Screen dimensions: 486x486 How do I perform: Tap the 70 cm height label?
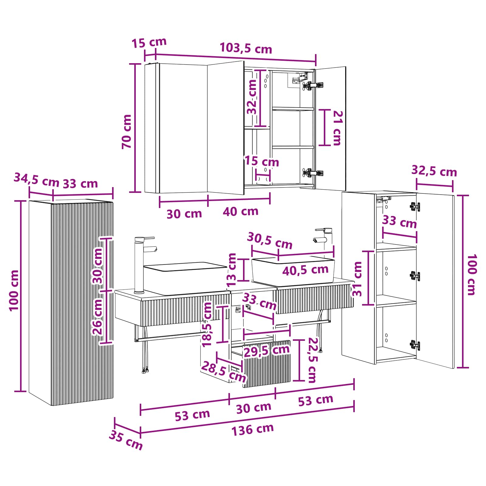127,131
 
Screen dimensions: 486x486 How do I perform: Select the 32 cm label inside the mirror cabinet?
252,97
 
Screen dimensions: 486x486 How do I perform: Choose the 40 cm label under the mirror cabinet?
241,211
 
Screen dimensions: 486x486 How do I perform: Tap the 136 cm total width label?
253,429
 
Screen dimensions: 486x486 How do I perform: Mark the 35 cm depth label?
126,440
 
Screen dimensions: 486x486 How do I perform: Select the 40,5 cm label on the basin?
305,270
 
